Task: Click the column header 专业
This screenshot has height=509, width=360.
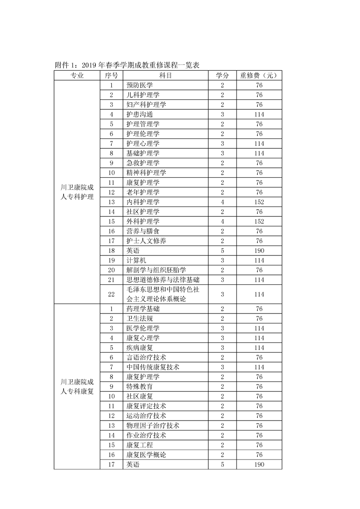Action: click(x=77, y=76)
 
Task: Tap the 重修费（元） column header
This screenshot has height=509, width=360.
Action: click(x=259, y=76)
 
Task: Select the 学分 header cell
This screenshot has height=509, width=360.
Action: click(x=222, y=76)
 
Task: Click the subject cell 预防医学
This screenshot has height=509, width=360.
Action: click(x=140, y=85)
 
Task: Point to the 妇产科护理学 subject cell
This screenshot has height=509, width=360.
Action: click(x=146, y=105)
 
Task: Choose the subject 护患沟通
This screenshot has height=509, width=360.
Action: click(x=140, y=114)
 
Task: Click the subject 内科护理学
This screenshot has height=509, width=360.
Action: click(x=143, y=202)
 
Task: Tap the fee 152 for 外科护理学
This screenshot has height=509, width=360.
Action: click(x=259, y=221)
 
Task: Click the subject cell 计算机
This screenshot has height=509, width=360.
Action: click(x=136, y=260)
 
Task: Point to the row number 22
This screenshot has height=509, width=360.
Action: click(x=111, y=294)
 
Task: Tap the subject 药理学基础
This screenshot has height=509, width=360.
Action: click(x=143, y=309)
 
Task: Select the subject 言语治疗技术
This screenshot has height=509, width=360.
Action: click(x=146, y=357)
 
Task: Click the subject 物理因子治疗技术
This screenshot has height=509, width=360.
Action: click(x=153, y=426)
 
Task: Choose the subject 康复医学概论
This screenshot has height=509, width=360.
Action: click(x=146, y=455)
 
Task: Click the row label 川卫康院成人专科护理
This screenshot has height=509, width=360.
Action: click(x=77, y=192)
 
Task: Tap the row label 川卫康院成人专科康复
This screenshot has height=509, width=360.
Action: click(x=77, y=387)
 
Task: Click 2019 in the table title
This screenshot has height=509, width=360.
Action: click(x=90, y=65)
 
